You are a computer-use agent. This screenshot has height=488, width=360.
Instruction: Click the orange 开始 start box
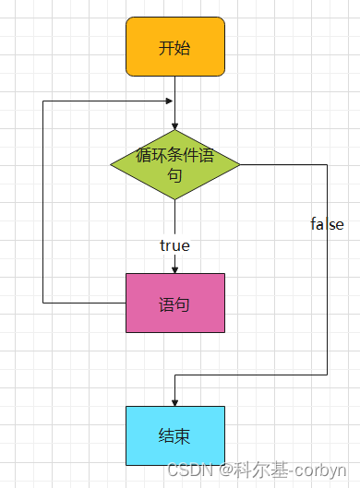(175, 46)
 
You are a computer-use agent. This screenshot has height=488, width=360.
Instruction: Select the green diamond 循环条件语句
(175, 164)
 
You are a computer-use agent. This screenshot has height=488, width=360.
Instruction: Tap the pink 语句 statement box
(175, 303)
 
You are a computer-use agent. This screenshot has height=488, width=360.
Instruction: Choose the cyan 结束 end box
(175, 434)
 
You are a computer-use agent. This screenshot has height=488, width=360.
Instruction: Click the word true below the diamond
(174, 245)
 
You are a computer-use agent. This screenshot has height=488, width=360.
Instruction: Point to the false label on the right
(327, 224)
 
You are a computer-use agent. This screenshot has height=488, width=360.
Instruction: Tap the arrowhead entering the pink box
(175, 268)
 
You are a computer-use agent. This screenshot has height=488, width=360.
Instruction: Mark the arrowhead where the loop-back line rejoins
(168, 101)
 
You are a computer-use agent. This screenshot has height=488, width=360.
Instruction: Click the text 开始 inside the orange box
(175, 47)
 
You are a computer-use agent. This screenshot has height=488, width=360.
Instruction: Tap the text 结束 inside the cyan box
(175, 435)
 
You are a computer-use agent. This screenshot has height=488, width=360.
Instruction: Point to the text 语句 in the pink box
(175, 304)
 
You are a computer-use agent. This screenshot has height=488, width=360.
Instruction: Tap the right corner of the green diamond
(238, 164)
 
